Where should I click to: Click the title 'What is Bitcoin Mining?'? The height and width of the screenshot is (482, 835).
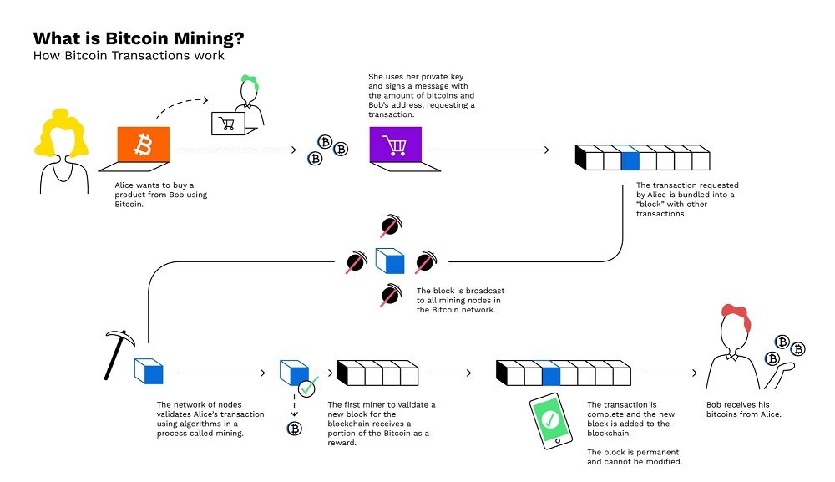tap(138, 38)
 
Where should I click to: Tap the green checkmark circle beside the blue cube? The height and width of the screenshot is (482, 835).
tap(308, 388)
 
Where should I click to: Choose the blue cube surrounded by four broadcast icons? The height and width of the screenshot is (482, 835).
tap(389, 261)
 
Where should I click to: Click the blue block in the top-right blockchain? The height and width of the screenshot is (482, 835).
tap(630, 158)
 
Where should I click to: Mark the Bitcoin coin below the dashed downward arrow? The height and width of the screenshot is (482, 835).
tap(294, 429)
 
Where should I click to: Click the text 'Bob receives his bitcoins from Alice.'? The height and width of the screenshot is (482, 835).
tap(745, 409)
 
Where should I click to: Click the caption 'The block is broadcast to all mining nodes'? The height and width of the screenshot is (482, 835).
tap(459, 300)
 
